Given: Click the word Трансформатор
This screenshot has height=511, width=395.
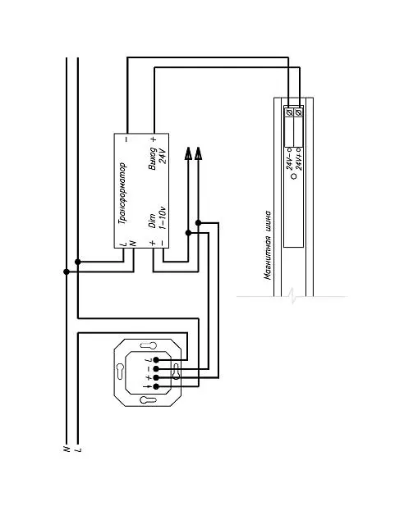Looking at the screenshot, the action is click(x=122, y=194).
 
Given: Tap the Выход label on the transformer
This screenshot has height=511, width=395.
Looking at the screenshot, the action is click(x=152, y=158).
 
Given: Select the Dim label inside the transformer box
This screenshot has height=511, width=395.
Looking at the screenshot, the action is click(x=151, y=221).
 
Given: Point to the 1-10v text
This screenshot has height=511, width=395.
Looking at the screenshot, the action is click(x=162, y=217).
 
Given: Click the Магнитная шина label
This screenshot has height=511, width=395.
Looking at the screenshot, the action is click(x=268, y=246).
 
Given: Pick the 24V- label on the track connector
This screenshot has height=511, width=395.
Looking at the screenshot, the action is click(x=289, y=159).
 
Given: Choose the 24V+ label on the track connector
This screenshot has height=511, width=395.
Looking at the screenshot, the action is click(x=298, y=159).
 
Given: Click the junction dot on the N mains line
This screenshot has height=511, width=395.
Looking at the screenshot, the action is click(x=67, y=271).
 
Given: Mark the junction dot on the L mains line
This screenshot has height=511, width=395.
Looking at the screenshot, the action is click(x=78, y=262).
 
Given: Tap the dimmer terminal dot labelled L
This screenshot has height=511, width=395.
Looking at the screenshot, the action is click(x=156, y=360).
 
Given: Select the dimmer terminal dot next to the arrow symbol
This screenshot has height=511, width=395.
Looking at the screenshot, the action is click(x=156, y=386).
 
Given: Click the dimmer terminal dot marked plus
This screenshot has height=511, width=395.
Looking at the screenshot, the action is click(x=156, y=377).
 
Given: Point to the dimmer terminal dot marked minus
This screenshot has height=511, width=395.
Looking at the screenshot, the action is click(x=156, y=368).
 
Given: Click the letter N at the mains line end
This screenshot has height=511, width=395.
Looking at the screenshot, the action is click(x=67, y=449).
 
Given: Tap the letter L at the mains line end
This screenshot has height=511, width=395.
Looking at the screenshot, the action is click(x=78, y=449).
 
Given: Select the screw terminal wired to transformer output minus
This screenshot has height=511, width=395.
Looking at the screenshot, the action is click(x=289, y=112).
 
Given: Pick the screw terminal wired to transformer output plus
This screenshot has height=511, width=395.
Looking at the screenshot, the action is click(x=298, y=112).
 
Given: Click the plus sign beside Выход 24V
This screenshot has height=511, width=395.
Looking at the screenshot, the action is click(x=154, y=139).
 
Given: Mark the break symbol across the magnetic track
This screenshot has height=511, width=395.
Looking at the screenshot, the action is click(x=293, y=295).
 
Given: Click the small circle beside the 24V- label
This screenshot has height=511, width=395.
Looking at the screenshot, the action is click(x=293, y=176).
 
